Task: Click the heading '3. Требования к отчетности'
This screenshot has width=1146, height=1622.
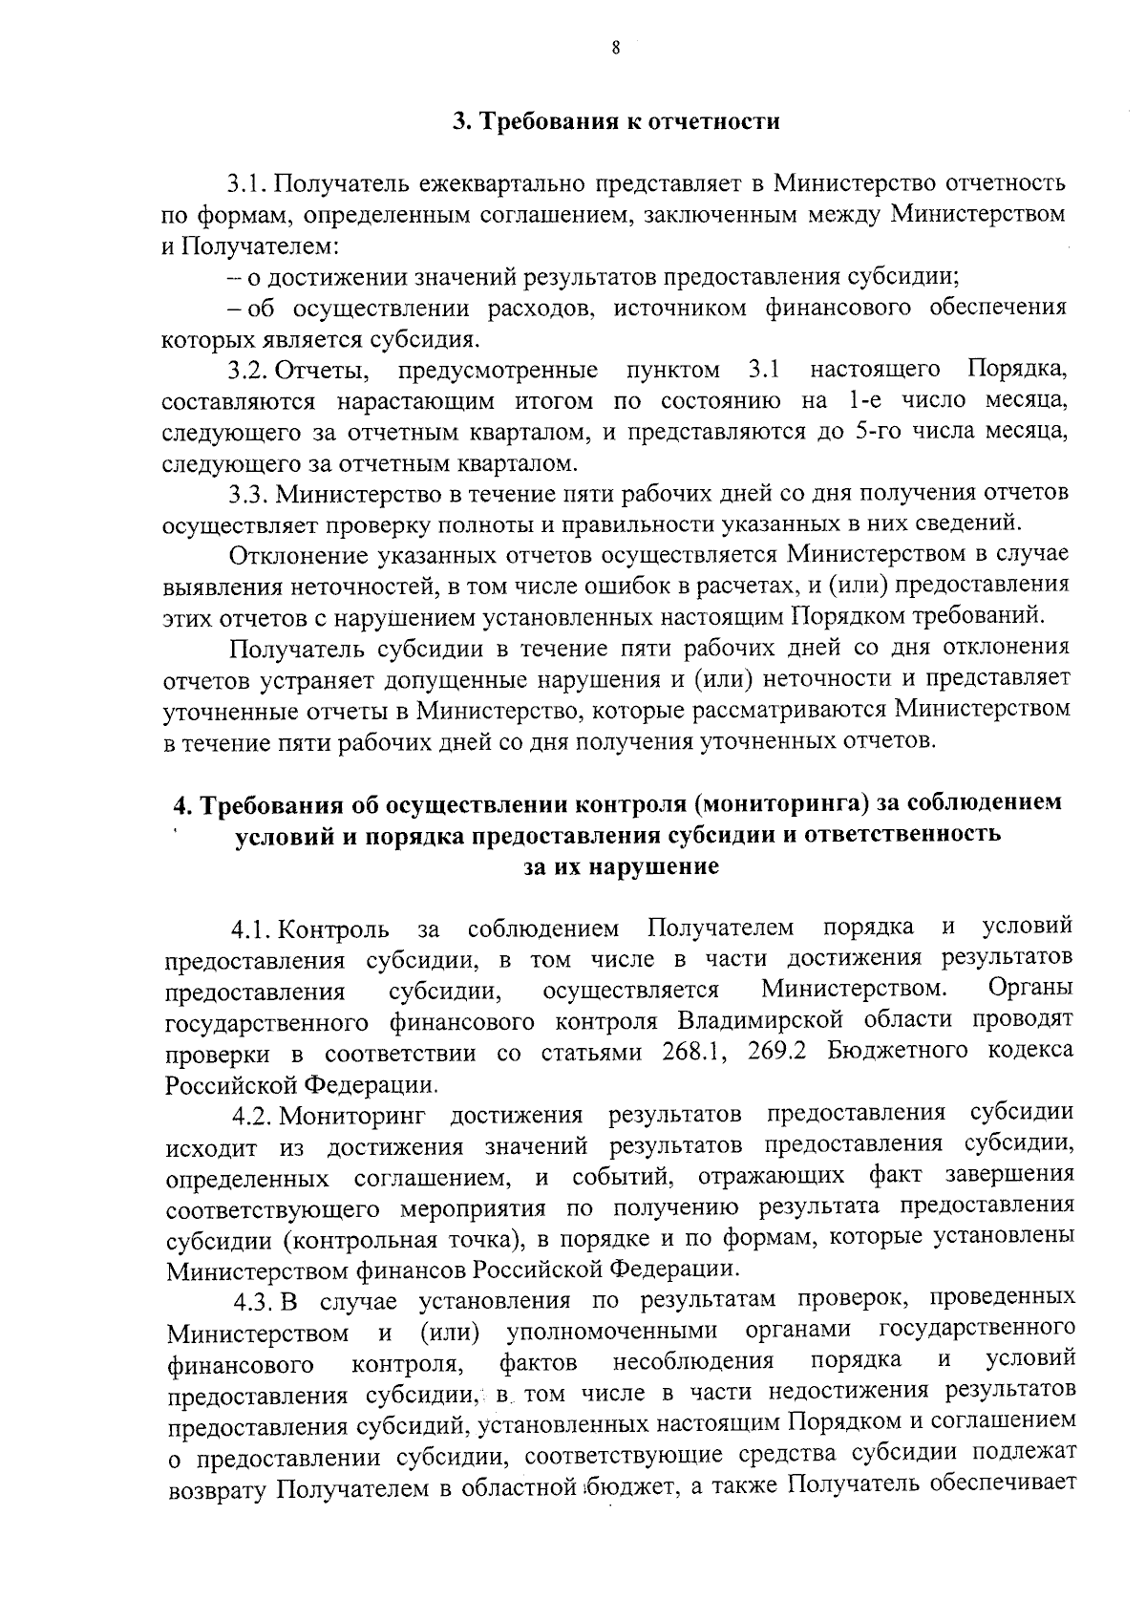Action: pos(615,122)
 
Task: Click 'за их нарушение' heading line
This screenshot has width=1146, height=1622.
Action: pos(620,867)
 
